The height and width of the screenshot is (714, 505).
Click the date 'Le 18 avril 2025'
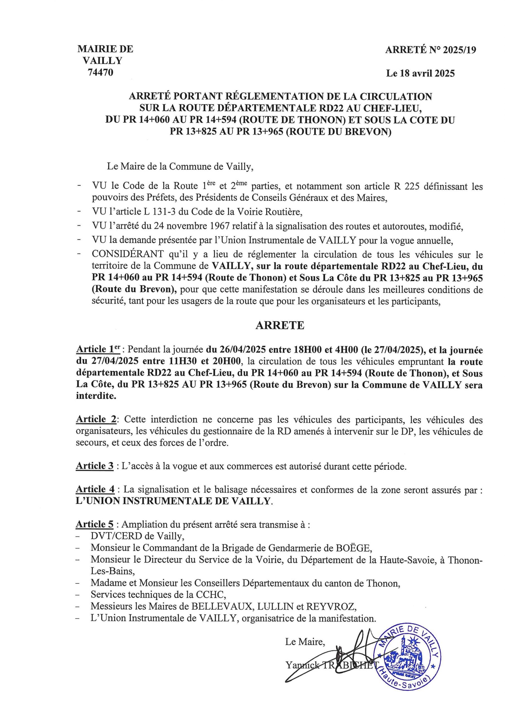click(x=420, y=73)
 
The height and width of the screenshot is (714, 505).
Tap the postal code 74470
click(x=100, y=73)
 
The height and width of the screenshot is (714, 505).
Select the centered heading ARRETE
click(x=280, y=325)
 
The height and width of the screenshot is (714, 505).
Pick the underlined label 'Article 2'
click(x=96, y=419)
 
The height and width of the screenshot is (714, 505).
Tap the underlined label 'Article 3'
click(x=95, y=466)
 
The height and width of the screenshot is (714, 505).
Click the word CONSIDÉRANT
click(x=128, y=255)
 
